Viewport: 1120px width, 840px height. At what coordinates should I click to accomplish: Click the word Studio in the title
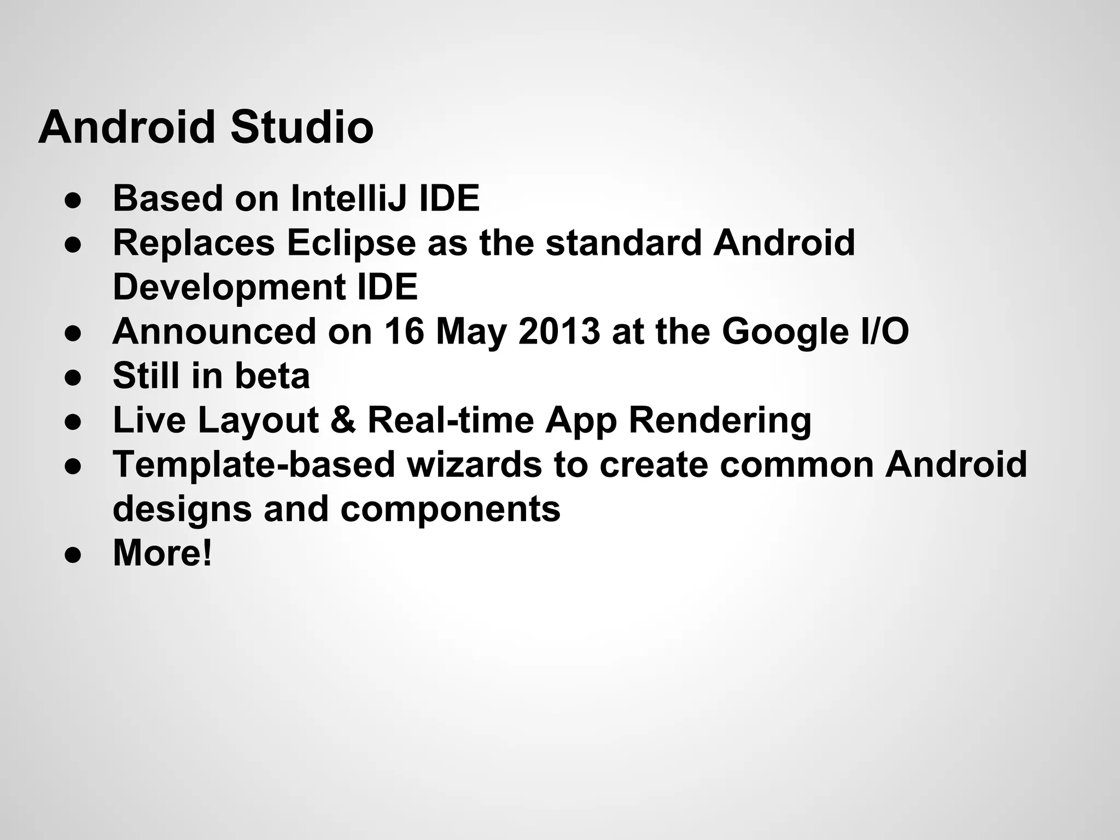pos(302,127)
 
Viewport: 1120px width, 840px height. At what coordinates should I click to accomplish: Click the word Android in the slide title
pos(127,127)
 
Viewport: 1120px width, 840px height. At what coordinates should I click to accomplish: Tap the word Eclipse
pos(351,243)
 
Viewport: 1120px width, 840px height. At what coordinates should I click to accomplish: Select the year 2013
pos(558,331)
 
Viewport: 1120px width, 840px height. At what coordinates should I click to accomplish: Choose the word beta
pos(272,376)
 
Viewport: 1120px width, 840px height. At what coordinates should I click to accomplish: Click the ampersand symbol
pos(343,420)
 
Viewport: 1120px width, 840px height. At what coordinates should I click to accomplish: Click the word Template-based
pos(254,464)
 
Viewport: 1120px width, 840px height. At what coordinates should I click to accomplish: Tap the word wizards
pos(474,464)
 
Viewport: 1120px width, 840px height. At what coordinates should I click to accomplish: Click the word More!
pos(162,553)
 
